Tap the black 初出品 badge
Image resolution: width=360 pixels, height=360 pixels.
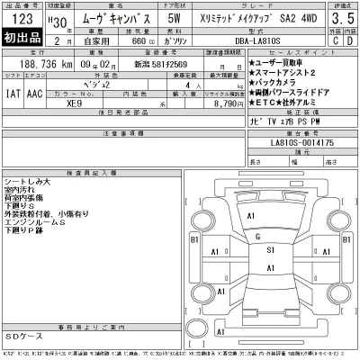point(21,40)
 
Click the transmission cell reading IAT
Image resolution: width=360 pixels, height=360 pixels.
point(13,93)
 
